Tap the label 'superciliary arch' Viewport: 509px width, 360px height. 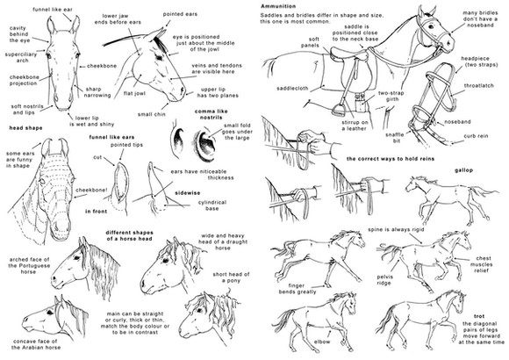point(21,57)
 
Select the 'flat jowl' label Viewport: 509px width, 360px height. point(134,94)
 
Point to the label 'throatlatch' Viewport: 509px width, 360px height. point(478,86)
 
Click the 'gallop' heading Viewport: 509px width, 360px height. point(463,170)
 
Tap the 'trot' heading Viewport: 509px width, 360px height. point(479,316)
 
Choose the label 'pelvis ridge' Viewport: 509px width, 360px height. point(384,280)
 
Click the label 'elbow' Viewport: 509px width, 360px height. point(322,342)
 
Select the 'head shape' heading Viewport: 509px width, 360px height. point(25,128)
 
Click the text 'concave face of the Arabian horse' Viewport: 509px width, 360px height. point(36,344)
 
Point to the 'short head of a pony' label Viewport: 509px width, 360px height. point(231,277)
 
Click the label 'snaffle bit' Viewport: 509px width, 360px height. point(396,138)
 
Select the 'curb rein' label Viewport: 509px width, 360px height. point(476,136)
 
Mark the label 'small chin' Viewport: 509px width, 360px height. point(151,114)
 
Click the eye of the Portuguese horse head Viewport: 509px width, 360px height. point(76,258)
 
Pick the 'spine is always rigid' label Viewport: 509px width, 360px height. point(396,230)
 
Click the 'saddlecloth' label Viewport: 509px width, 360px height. point(292,89)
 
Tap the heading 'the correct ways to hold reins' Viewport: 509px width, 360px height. point(391,159)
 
